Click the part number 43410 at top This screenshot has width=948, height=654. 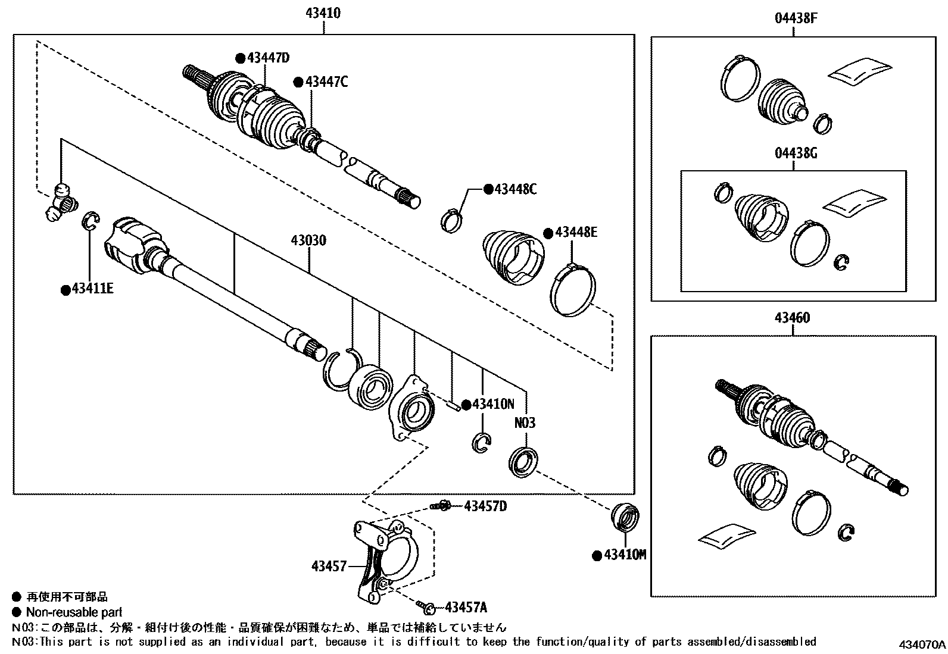(x=324, y=12)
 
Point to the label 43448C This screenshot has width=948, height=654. (x=515, y=189)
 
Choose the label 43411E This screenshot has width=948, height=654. (x=92, y=290)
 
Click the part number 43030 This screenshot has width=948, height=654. (x=308, y=241)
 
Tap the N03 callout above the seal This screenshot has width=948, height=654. (x=525, y=423)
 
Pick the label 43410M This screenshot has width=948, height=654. (x=625, y=555)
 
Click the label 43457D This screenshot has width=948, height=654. (x=485, y=506)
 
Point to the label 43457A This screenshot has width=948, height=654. (x=465, y=608)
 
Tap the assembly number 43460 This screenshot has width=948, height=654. (x=792, y=318)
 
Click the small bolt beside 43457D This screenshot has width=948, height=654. (x=442, y=506)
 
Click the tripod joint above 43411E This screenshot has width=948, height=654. (x=61, y=202)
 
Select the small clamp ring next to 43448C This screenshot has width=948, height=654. (x=452, y=220)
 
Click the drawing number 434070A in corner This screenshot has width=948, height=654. (x=922, y=645)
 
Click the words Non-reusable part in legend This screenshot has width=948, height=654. (x=74, y=612)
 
